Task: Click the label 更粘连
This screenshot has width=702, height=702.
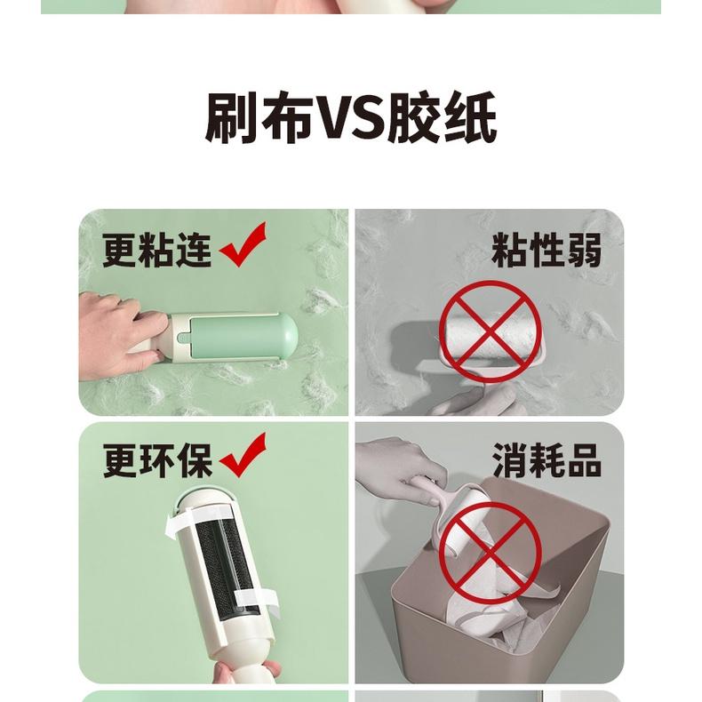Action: coord(156,249)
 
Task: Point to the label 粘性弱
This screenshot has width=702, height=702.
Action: coord(546,251)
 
